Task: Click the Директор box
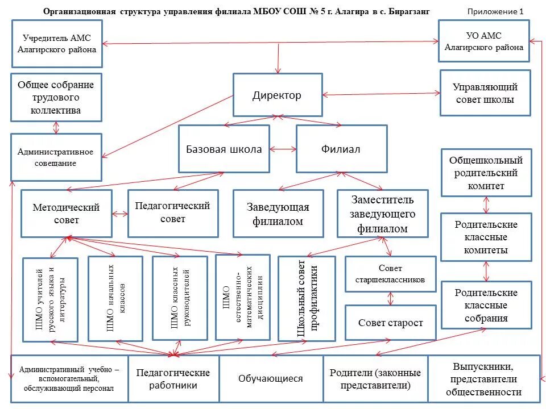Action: coord(278,95)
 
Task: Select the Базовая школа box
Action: coord(224,149)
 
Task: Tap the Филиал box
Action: coord(341,149)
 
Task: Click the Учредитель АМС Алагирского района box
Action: coord(56,44)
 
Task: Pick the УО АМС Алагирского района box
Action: coord(484,41)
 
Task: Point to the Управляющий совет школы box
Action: coord(485,93)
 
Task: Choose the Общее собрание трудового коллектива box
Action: coord(56,97)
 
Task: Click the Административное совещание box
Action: coord(56,157)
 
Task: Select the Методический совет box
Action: coord(67,214)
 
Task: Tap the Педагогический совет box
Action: coord(173,213)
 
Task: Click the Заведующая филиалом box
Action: coord(278,214)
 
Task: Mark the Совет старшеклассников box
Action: coord(390,274)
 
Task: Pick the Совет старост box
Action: coord(390,323)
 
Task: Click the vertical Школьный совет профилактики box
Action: coord(307,298)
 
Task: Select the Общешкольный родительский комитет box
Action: coord(487,173)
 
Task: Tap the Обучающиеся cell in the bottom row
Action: coord(271,379)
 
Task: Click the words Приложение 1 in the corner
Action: coord(495,11)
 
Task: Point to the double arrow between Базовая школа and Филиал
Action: coord(283,149)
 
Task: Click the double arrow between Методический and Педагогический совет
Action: coord(120,214)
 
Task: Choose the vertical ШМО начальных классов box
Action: coord(115,298)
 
